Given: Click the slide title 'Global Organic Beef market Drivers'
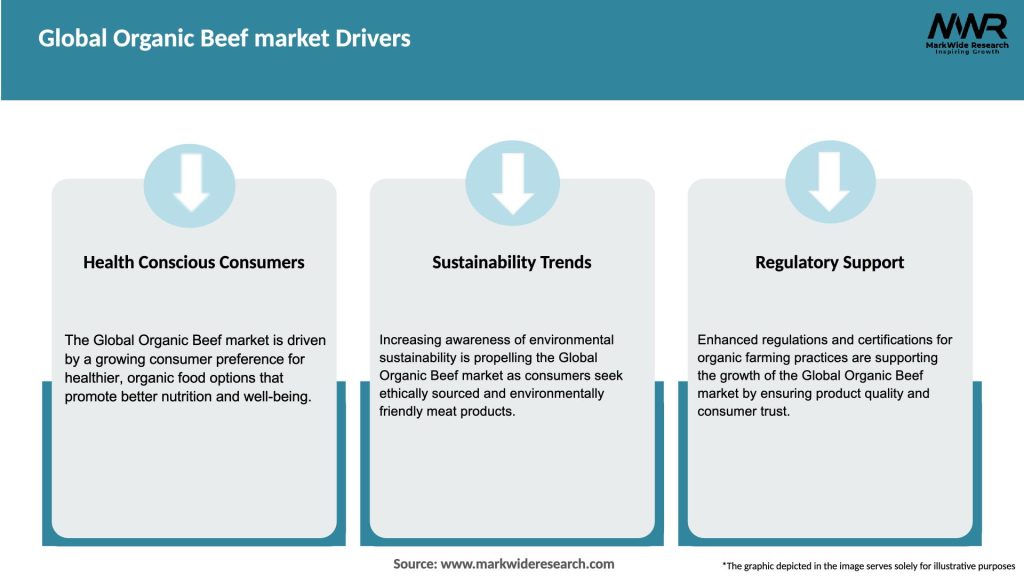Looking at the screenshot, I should [224, 39].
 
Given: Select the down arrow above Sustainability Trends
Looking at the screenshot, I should [512, 182].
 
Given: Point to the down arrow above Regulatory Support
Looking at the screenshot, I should [829, 182].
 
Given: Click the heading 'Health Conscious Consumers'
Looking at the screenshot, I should [194, 262].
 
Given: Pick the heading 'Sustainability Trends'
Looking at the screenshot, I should [512, 262].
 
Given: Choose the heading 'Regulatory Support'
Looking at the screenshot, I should [829, 262].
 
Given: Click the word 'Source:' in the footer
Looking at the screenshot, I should [414, 564].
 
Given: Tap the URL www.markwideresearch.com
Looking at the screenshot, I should [527, 564].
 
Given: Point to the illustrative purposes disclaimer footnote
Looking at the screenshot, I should [868, 566].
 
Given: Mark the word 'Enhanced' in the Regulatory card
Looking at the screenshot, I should [728, 340].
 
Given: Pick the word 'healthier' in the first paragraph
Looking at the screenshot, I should [95, 378].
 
